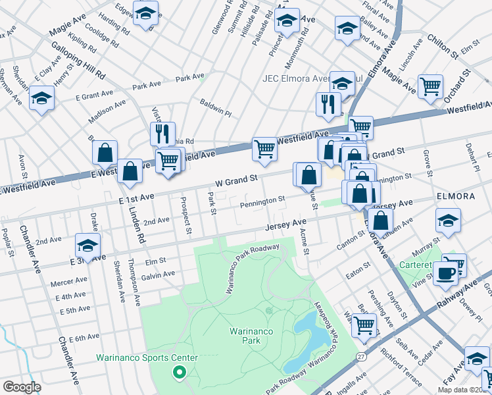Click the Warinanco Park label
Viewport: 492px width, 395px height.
[245, 335]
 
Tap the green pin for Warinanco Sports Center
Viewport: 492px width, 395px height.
[178, 373]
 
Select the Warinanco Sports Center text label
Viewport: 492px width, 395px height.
[147, 357]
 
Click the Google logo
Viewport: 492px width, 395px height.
[22, 387]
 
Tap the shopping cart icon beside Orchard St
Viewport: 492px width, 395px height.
[430, 86]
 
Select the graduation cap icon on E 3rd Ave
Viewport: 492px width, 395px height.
[87, 246]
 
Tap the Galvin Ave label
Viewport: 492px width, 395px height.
[158, 274]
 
